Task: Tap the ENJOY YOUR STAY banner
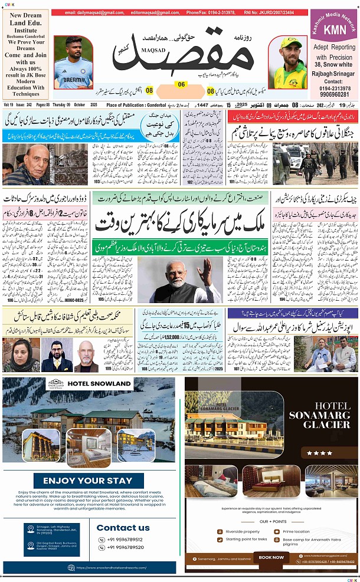click(91, 481)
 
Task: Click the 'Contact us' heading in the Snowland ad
click(123, 528)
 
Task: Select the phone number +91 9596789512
click(125, 539)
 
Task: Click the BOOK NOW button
click(271, 557)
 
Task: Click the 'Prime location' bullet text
click(300, 531)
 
